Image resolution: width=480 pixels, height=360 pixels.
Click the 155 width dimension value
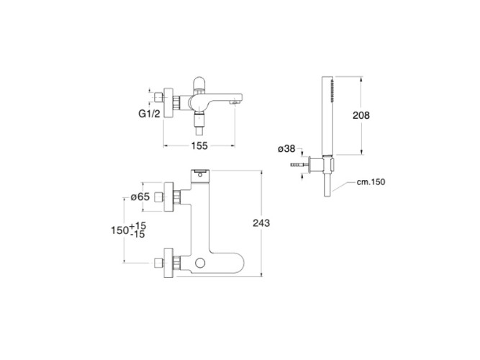point(199,146)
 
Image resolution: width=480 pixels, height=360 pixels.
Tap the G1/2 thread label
point(149,114)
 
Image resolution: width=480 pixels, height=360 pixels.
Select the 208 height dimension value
point(361,115)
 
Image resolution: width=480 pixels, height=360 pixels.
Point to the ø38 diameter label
point(286,149)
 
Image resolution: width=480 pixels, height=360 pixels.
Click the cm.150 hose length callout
point(371,182)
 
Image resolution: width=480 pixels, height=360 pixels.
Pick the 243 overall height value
point(261,223)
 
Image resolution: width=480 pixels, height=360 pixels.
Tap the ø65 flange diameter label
point(140,197)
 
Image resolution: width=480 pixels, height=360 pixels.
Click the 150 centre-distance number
point(119,230)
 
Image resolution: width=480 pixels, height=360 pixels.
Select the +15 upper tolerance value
point(138,226)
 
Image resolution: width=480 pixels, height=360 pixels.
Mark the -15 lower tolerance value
point(137,235)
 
